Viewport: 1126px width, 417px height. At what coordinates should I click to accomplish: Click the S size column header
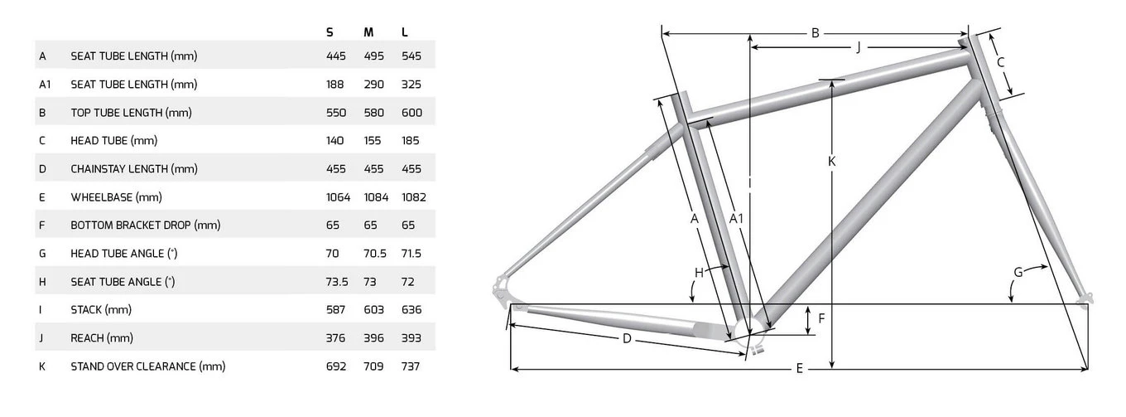click(330, 32)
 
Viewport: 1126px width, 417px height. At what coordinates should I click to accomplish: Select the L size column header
click(405, 32)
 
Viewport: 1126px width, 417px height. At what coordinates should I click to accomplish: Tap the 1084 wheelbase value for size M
click(376, 197)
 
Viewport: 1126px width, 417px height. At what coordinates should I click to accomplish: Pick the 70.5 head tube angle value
click(375, 254)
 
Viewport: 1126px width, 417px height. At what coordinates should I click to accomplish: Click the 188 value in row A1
click(334, 84)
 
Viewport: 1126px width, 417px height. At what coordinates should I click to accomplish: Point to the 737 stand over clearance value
click(410, 366)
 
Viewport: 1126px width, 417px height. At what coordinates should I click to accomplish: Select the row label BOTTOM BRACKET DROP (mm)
click(145, 225)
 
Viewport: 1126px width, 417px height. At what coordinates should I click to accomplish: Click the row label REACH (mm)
click(102, 338)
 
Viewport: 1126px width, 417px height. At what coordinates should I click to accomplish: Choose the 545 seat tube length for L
click(411, 56)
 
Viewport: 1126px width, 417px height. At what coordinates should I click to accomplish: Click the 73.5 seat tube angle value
click(337, 282)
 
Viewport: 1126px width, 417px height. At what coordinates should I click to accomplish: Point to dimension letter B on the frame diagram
click(816, 33)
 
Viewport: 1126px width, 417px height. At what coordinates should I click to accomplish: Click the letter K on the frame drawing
click(831, 161)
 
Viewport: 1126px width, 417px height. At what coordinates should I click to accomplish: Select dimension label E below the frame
click(799, 369)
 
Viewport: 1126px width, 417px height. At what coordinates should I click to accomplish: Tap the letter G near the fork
click(1018, 273)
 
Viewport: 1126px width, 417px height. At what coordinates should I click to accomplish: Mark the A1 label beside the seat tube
click(736, 219)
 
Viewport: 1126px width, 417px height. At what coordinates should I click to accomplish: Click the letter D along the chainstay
click(626, 338)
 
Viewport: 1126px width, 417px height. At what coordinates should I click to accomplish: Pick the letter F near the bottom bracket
click(821, 318)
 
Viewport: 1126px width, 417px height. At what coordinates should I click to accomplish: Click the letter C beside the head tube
click(1000, 62)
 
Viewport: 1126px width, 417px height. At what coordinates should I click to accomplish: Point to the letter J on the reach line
click(859, 47)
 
